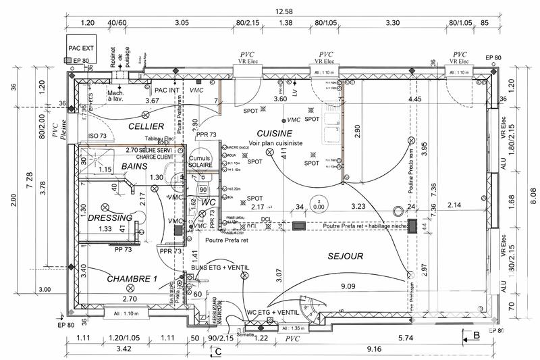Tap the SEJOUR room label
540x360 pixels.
(x=346, y=256)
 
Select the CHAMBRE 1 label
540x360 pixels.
(x=132, y=279)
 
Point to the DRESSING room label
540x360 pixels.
(x=110, y=218)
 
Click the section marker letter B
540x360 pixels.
(x=475, y=334)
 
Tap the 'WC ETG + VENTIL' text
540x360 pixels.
(x=274, y=312)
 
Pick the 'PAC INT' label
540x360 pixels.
(x=167, y=90)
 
